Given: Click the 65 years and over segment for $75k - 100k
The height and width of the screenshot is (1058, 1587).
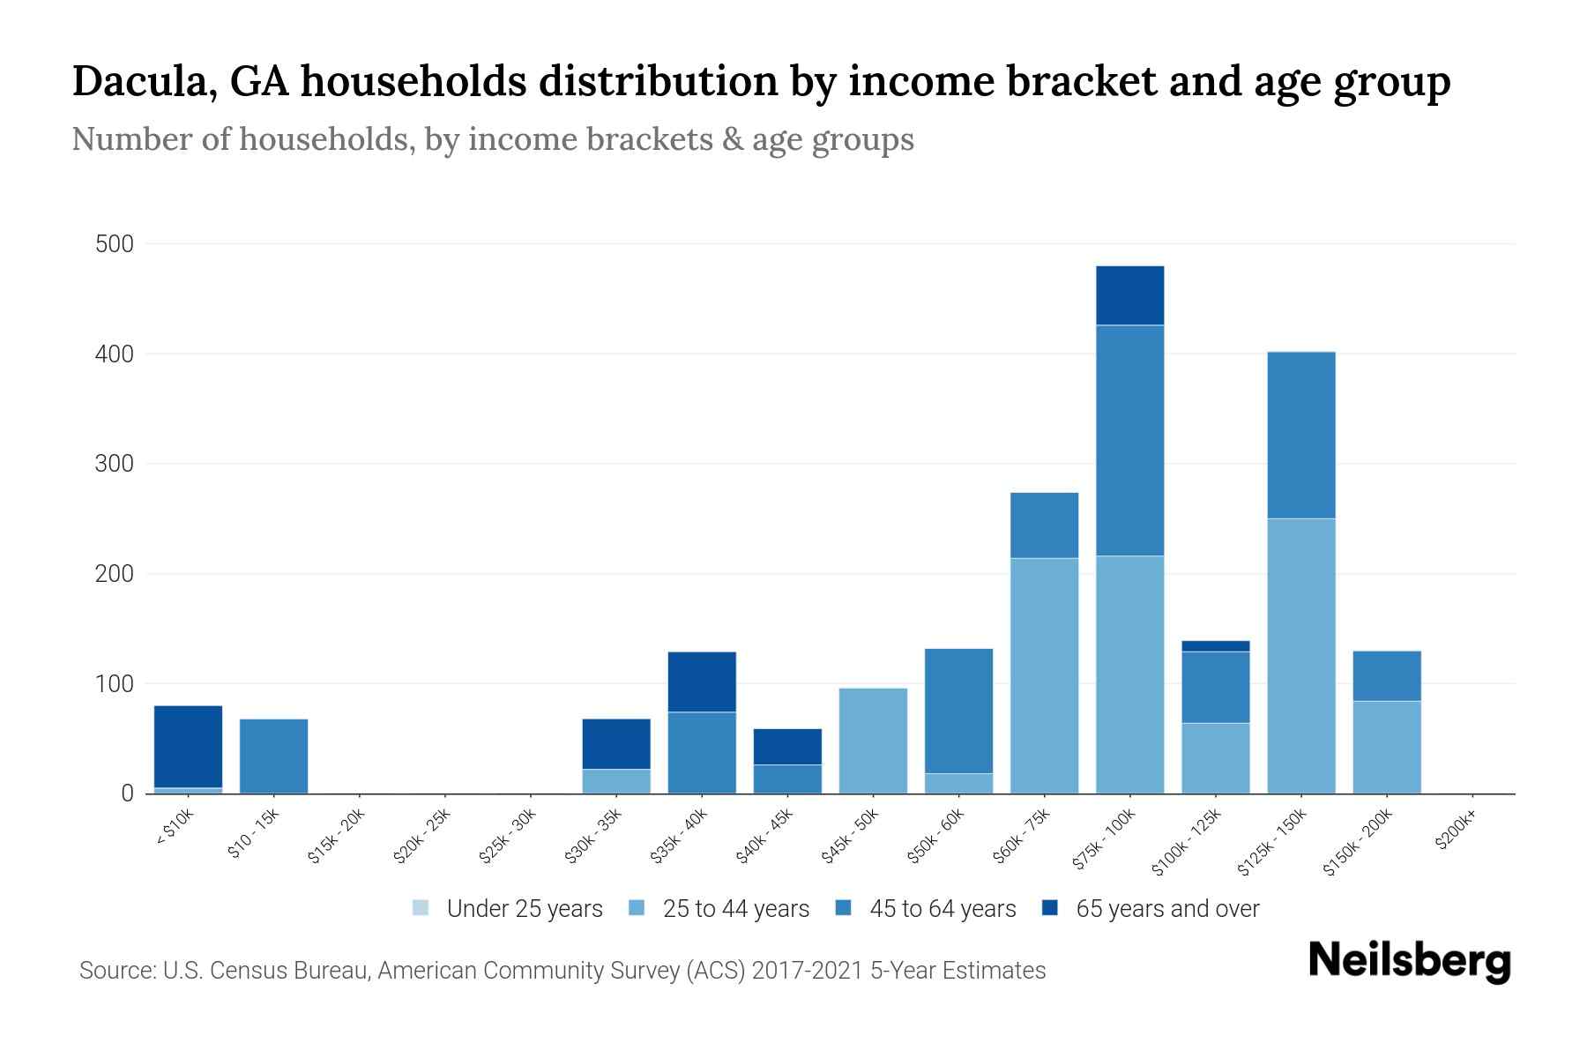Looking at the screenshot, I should (x=1129, y=295).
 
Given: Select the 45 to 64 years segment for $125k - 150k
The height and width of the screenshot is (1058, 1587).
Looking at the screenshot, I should (x=1300, y=435).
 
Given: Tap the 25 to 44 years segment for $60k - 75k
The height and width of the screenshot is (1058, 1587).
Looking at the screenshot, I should (x=1044, y=675).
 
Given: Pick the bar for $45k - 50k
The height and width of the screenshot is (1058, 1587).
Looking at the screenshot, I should (x=873, y=741).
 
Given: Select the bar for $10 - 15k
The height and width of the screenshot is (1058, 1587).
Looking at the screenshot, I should (x=273, y=756).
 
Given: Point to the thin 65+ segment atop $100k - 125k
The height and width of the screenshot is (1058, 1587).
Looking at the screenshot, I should (x=1215, y=646).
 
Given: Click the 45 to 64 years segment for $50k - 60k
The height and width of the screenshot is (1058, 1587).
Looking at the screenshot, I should (x=958, y=711).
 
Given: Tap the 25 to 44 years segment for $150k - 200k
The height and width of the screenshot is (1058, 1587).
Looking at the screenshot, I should (x=1386, y=747).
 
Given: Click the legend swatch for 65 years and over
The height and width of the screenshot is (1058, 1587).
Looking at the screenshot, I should (x=1050, y=908).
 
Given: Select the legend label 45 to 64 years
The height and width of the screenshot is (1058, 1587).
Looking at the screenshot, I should (x=942, y=908).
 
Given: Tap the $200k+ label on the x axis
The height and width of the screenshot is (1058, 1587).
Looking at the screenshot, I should (x=1456, y=833).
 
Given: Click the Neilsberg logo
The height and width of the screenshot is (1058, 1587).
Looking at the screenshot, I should (x=1409, y=961).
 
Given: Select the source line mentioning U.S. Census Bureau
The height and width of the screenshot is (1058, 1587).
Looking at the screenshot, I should (x=562, y=971).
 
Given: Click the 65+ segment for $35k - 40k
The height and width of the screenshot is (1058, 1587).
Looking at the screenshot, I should (x=702, y=682).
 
